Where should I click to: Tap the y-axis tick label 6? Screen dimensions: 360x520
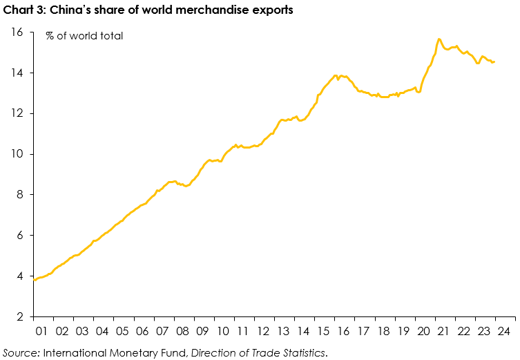[x=20, y=236]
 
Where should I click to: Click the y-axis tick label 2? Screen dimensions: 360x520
[x=20, y=317]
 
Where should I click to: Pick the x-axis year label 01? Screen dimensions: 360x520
[x=41, y=332]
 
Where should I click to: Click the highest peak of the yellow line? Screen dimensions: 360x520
[x=439, y=39]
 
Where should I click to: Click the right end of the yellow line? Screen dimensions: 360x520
[x=494, y=61]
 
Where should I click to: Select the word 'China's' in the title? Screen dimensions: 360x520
[x=70, y=10]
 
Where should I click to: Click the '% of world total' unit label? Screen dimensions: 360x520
[x=84, y=35]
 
